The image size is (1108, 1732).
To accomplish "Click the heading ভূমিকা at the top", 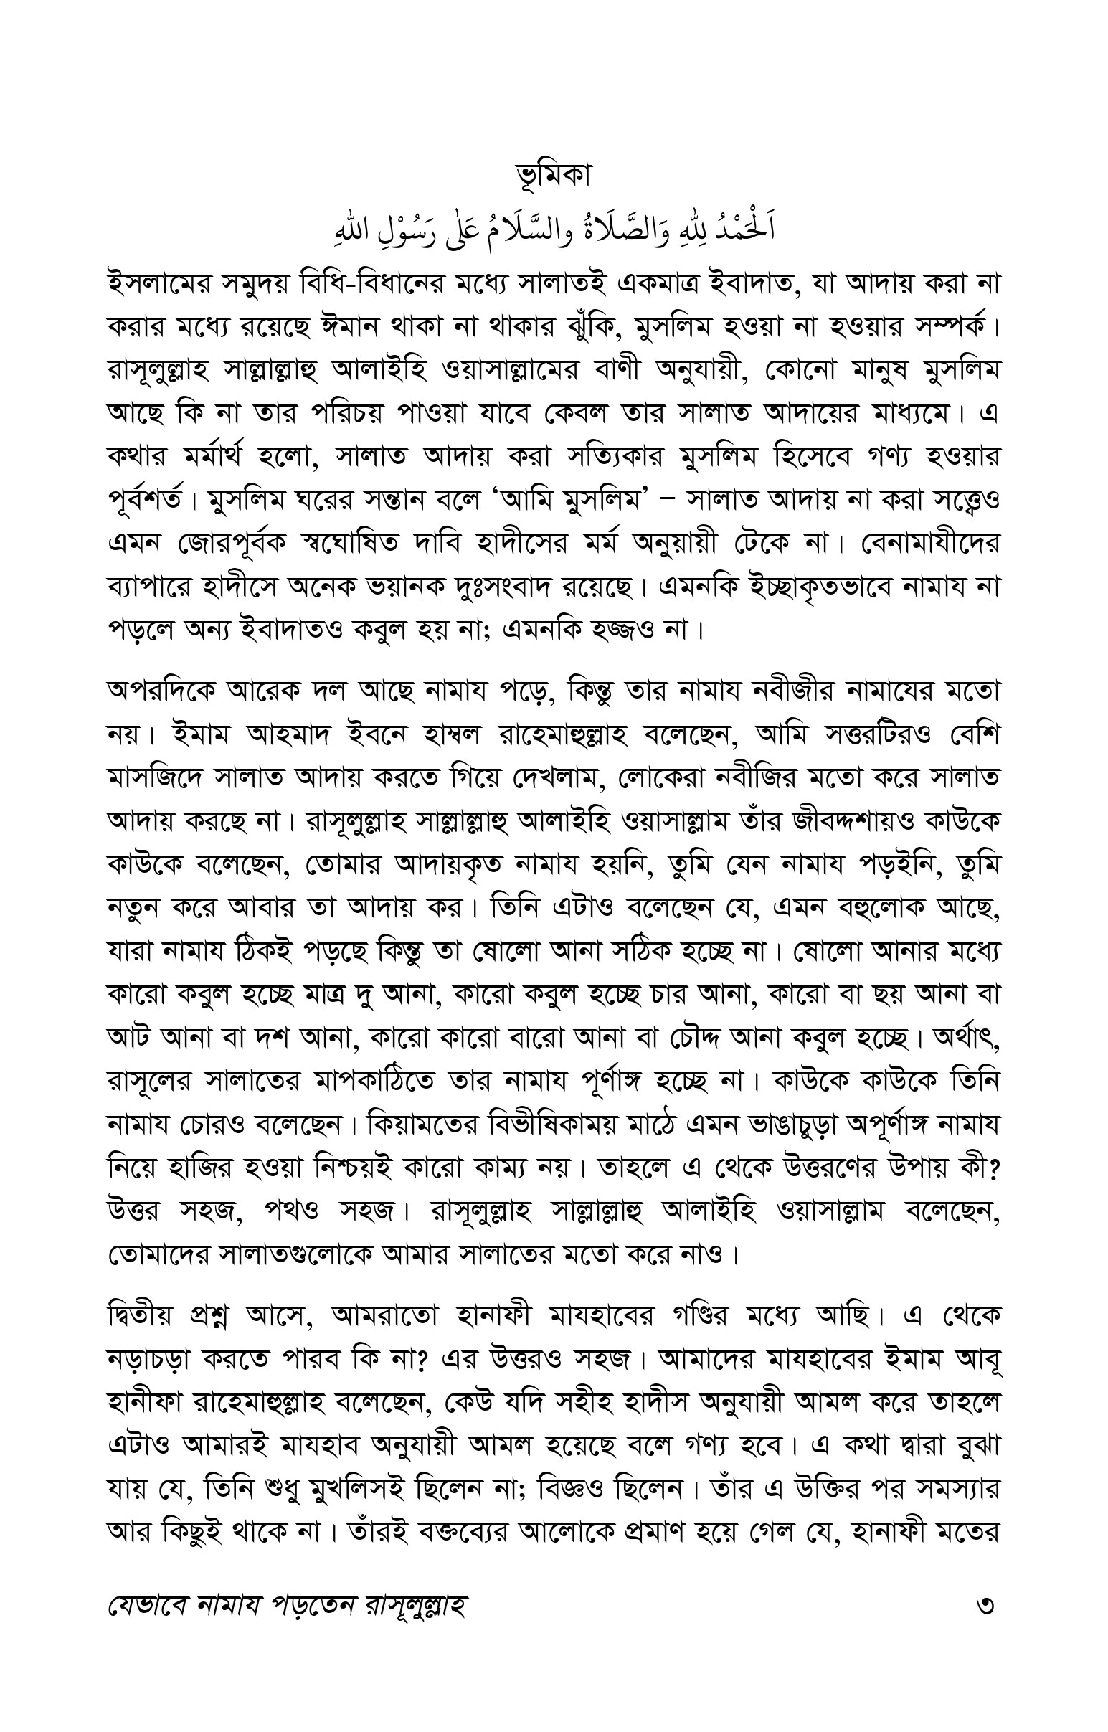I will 553,176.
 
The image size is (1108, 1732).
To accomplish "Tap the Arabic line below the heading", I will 553,229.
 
